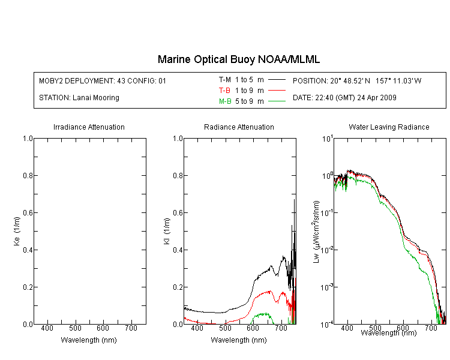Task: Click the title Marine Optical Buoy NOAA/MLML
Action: tap(238, 59)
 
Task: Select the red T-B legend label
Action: tap(224, 91)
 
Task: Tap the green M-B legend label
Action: tap(225, 101)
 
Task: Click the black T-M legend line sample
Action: tap(277, 80)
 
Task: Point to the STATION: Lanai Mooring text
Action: tap(79, 98)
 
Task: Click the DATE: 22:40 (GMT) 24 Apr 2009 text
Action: tap(344, 98)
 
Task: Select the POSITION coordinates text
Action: tap(357, 80)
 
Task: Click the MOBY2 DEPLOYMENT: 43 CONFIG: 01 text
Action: tap(103, 80)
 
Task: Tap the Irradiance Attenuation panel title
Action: tap(89, 127)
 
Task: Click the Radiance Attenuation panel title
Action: tap(239, 127)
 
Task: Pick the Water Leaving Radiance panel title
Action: tap(389, 127)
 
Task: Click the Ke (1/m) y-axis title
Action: tap(17, 231)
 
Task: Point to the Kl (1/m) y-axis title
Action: tap(167, 231)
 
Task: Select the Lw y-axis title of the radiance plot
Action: tap(316, 232)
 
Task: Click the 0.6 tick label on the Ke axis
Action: tap(28, 213)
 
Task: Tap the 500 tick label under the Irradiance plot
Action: tap(75, 328)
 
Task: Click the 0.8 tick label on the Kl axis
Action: tap(178, 175)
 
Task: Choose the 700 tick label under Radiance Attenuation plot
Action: tap(281, 328)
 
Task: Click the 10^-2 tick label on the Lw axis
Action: tap(327, 250)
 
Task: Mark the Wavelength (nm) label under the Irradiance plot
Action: tap(89, 340)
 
